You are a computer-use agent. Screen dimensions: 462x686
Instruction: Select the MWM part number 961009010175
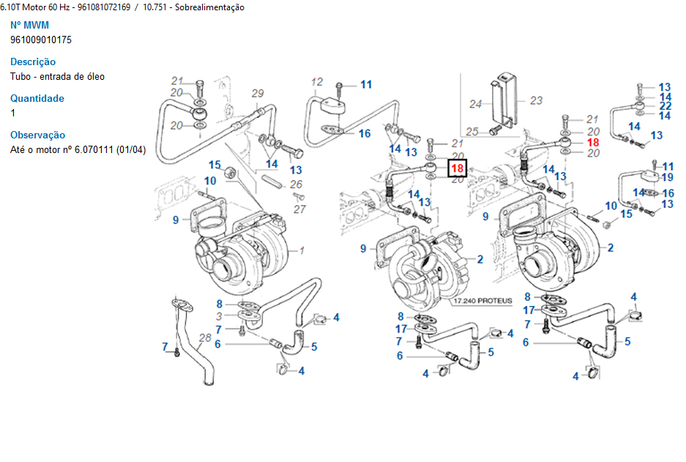[41, 40]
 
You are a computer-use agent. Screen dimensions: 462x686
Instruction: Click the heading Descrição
[33, 62]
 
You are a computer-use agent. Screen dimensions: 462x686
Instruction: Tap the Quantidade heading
[37, 99]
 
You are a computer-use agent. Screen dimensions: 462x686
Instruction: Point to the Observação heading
[37, 135]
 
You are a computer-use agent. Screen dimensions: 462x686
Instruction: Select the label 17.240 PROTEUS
[482, 301]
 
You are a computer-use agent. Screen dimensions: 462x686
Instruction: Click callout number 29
[257, 93]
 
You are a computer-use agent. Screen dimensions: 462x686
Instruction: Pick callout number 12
[317, 81]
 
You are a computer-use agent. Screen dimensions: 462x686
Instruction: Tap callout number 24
[475, 104]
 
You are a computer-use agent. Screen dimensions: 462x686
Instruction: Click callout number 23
[536, 100]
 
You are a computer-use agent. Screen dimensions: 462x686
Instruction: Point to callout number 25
[472, 132]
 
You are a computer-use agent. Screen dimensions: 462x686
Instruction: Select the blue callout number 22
[665, 105]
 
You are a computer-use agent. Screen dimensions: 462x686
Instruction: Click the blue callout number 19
[668, 177]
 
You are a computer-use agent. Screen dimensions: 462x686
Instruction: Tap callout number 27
[299, 209]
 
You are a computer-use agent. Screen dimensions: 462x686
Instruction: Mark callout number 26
[296, 185]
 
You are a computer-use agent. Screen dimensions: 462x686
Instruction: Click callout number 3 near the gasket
[218, 316]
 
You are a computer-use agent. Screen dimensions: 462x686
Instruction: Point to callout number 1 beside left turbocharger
[301, 250]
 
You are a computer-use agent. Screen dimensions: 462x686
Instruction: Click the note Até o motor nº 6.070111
[78, 150]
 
